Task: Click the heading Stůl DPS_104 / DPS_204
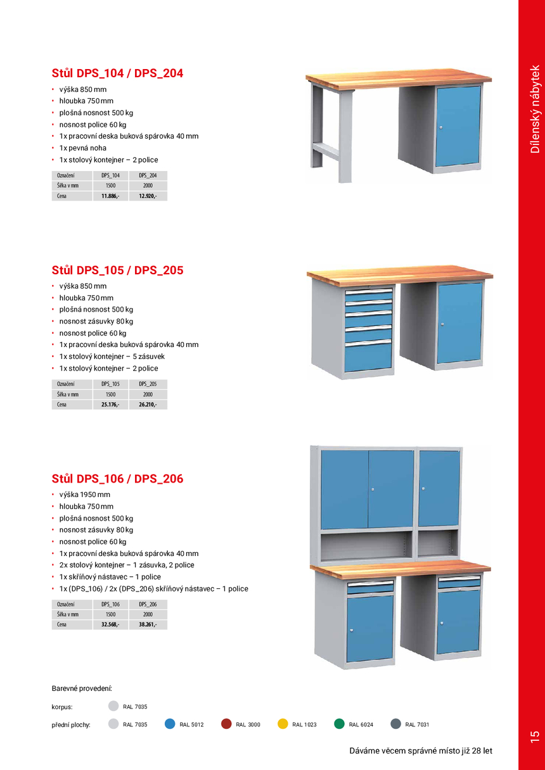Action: pos(117,73)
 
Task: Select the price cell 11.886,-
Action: pos(110,196)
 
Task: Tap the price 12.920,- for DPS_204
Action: pos(148,196)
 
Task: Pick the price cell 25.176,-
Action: pos(110,405)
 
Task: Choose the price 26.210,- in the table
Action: pos(148,405)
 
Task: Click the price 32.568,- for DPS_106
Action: pos(110,624)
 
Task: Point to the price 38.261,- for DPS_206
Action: pos(148,624)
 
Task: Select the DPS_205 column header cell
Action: pos(148,384)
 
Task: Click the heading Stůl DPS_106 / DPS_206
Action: pos(117,479)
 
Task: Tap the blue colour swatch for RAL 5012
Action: pos(170,724)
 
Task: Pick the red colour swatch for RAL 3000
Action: pos(226,724)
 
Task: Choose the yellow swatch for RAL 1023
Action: pos(283,724)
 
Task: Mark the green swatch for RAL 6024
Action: pos(340,724)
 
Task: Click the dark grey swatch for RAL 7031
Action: pos(396,724)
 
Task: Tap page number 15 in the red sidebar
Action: pos(534,736)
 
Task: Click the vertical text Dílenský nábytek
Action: pos(535,109)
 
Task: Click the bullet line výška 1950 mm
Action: pos(84,495)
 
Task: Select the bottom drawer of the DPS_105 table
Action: pos(368,358)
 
